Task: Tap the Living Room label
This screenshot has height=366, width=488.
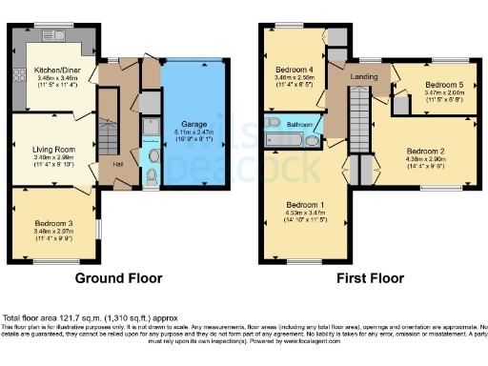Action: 53,123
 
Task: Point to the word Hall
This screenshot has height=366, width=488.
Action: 118,163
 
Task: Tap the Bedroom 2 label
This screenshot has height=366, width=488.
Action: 426,151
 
